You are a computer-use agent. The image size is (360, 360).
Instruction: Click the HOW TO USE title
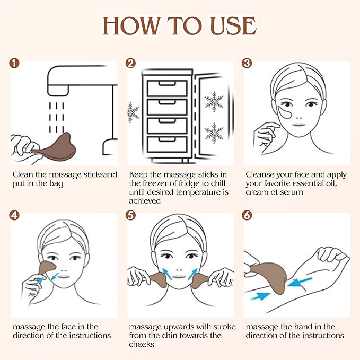(180, 25)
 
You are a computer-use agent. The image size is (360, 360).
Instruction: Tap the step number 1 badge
(14, 64)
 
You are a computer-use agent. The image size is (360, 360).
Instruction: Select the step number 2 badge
(131, 64)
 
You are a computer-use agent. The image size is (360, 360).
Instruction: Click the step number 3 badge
(247, 64)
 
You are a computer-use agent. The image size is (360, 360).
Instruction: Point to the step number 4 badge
(14, 215)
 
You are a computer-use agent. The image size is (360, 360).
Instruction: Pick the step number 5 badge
(131, 215)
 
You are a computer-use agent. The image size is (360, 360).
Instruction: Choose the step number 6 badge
(247, 215)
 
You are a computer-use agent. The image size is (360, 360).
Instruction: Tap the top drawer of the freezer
(167, 88)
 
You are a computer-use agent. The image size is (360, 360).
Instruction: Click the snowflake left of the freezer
(133, 112)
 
